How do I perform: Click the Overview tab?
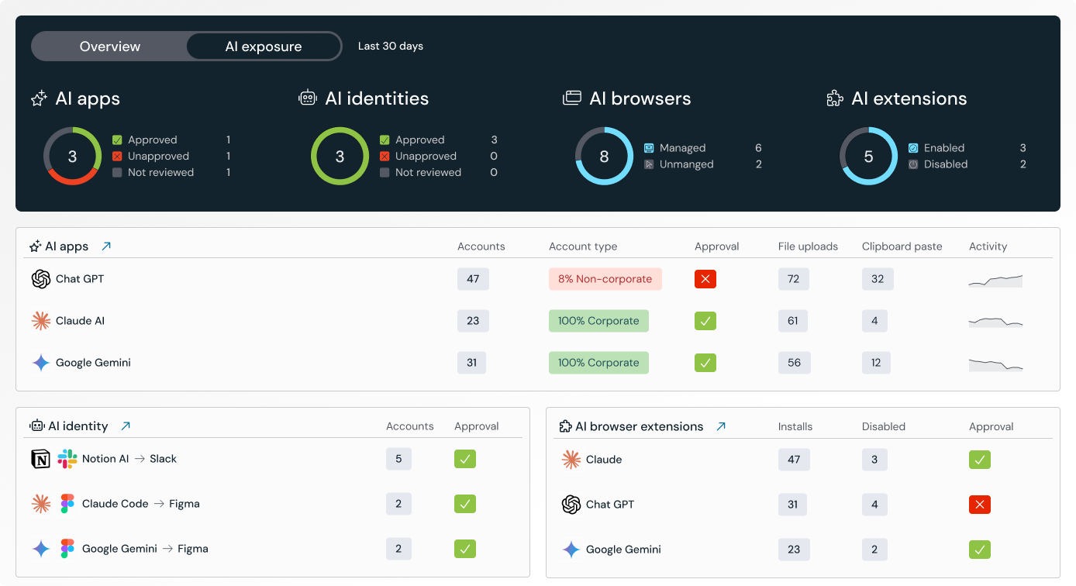110,47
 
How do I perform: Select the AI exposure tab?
264,47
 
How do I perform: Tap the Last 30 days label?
390,47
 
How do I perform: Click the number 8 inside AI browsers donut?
604,157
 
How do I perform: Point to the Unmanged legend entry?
686,164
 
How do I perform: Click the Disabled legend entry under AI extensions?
945,164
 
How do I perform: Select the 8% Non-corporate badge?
605,279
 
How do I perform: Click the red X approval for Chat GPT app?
705,279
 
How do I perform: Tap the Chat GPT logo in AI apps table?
41,279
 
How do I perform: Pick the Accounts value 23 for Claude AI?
473,321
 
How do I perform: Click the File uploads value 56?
794,363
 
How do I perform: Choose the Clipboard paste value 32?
878,279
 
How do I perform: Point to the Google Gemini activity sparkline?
995,364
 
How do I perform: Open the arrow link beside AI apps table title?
106,246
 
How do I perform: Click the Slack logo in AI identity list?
67,459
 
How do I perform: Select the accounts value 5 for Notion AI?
398,459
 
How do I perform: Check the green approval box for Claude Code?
464,504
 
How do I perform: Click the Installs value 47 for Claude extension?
794,460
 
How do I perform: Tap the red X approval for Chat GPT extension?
979,505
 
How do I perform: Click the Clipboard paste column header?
902,246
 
